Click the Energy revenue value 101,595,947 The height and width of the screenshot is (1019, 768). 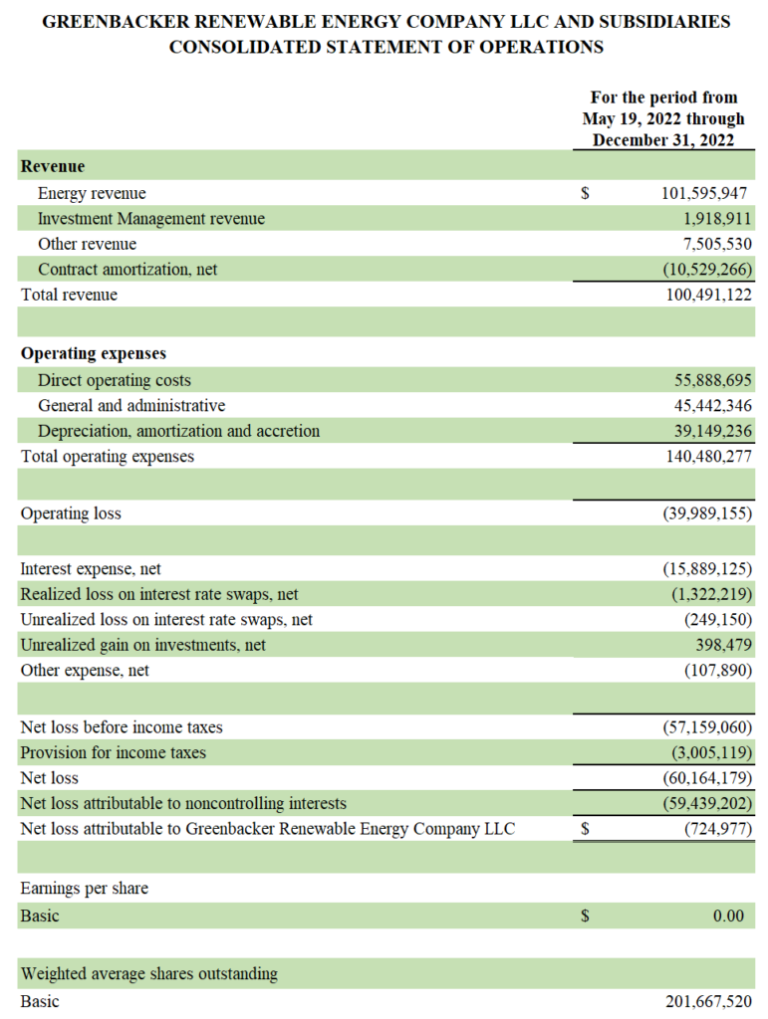(x=706, y=193)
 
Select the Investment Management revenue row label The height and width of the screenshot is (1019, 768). (x=151, y=219)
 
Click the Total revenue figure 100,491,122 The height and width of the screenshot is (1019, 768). (x=708, y=295)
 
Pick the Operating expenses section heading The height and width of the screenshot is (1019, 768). (x=94, y=353)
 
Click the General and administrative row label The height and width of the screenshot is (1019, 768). (x=131, y=406)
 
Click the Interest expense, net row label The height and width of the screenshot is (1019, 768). (x=91, y=569)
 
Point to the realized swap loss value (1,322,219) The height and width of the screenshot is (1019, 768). (x=711, y=594)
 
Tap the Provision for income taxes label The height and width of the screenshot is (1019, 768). (x=113, y=752)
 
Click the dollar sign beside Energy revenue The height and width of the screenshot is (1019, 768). (x=586, y=193)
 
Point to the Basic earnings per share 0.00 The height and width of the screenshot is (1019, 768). (x=728, y=916)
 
